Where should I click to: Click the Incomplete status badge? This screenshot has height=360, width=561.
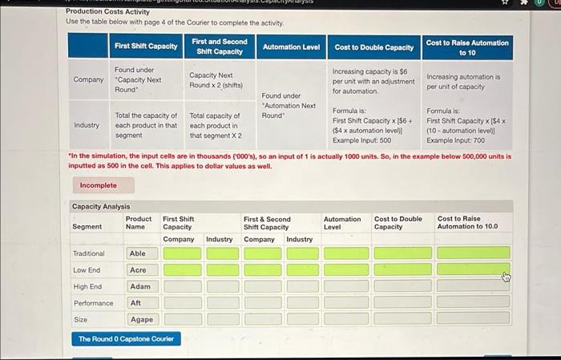[98, 185]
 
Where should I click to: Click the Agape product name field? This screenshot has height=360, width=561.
[141, 319]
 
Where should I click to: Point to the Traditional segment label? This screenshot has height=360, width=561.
[88, 253]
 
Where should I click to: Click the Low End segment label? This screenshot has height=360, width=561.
[87, 270]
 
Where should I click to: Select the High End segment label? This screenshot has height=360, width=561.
[87, 286]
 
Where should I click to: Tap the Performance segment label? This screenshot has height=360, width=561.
[93, 303]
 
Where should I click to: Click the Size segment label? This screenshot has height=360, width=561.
[80, 319]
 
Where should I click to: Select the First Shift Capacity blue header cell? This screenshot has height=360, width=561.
[146, 47]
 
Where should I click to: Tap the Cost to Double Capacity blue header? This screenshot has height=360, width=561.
[373, 47]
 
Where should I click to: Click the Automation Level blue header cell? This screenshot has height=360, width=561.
[291, 47]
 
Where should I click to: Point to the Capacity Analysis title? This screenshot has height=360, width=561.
[100, 206]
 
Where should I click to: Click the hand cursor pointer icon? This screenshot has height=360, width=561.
[506, 277]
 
